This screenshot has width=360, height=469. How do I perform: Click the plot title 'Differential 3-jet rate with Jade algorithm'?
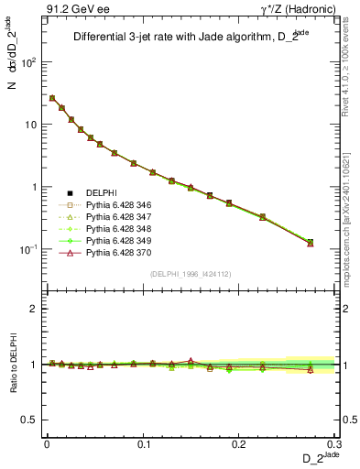[x=175, y=38]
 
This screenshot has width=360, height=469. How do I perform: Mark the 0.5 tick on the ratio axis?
[x=30, y=420]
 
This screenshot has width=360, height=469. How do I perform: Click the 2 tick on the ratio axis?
[x=34, y=309]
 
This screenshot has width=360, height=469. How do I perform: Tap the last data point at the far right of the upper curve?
[x=310, y=243]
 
